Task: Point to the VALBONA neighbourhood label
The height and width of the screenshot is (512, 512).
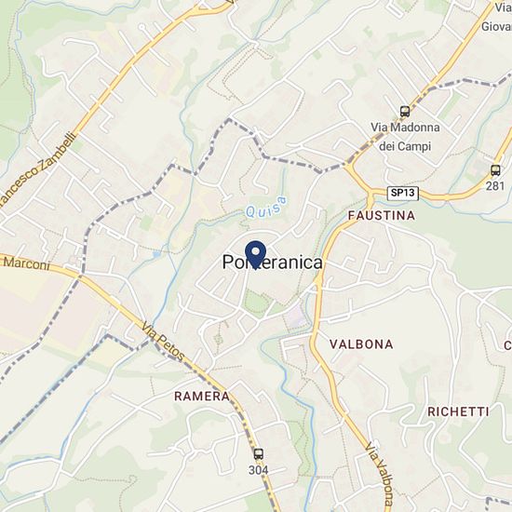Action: (x=361, y=344)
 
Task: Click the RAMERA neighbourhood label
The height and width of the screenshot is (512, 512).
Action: (x=201, y=396)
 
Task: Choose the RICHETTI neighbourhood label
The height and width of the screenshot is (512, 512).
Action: (x=458, y=411)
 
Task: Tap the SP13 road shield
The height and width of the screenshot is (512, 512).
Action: (x=402, y=193)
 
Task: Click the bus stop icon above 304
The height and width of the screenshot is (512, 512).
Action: (x=258, y=454)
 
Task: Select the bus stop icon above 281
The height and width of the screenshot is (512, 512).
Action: (x=495, y=170)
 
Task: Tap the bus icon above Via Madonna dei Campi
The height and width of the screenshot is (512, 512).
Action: (x=404, y=111)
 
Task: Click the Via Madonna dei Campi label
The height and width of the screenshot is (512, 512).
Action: (x=403, y=136)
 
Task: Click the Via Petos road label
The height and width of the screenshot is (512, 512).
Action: (x=164, y=344)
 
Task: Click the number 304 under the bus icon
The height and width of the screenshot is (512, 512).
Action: (x=258, y=470)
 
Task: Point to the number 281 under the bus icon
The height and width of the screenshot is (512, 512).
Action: (x=495, y=186)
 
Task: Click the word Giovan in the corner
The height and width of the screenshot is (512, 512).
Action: (x=496, y=26)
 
